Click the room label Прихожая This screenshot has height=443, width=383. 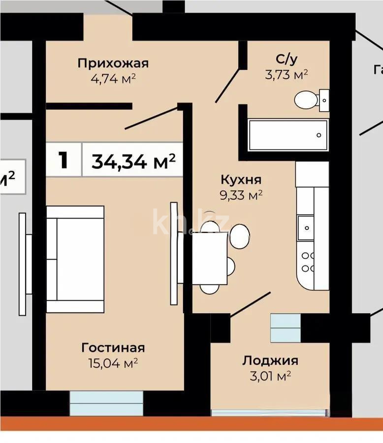113,63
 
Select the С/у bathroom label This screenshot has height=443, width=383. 286,60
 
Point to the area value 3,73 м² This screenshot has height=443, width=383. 286,74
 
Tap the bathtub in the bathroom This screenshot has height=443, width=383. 287,135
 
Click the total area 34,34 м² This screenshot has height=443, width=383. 133,160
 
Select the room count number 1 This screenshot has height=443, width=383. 63,160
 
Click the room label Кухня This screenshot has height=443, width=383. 240,180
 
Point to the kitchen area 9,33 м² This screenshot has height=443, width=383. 240,195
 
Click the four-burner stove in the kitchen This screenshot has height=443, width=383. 308,262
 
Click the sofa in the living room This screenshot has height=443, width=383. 75,259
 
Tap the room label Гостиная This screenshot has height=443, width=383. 113,348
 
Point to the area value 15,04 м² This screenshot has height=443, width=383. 113,364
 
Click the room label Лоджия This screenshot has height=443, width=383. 270,361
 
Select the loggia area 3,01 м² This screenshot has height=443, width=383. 270,377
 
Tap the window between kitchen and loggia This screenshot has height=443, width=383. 286,327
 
